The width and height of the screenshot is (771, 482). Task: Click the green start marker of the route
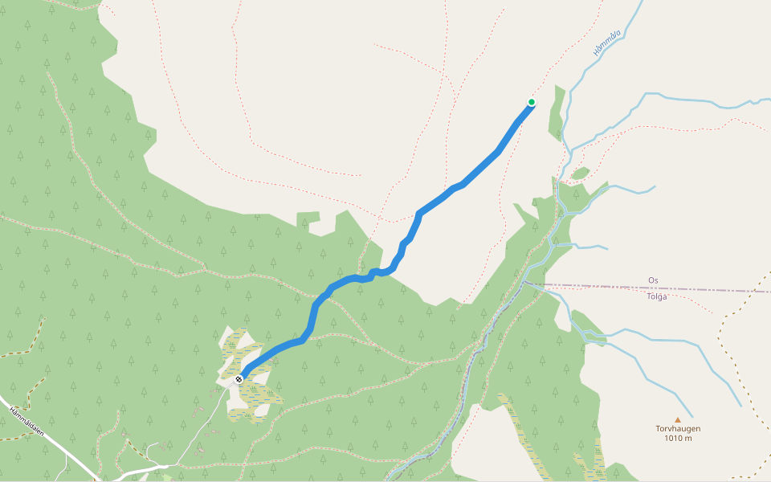pos(531,101)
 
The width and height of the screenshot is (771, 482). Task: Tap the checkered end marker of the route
pos(239,378)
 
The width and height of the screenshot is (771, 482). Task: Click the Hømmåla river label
pos(607,41)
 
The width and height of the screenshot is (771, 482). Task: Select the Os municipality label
pos(653,280)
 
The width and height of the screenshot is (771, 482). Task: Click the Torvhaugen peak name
pos(677,429)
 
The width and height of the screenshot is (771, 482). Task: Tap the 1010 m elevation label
pos(677,439)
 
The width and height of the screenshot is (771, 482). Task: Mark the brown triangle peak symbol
pos(677,419)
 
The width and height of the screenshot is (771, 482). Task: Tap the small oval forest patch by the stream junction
pos(581,173)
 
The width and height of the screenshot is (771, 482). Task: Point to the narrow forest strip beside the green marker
pos(556,120)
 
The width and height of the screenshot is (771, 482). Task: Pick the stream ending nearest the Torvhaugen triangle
pos(740,405)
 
